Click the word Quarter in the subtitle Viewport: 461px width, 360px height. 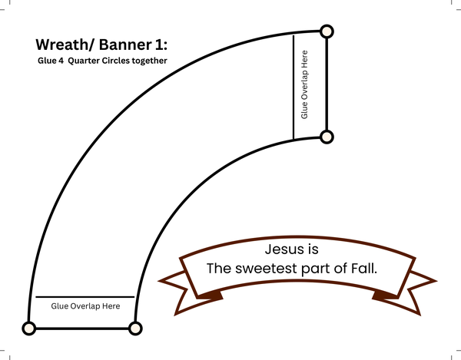(84, 61)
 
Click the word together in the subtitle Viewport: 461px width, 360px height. (152, 61)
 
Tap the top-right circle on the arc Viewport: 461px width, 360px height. (327, 31)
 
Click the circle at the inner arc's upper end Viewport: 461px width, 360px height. (327, 137)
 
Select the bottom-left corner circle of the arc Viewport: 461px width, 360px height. (29, 329)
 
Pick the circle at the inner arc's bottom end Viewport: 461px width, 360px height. (135, 329)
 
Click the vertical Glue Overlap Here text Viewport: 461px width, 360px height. (305, 85)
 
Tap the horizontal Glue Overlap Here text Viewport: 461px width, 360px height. (85, 306)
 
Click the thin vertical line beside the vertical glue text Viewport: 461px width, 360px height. (294, 86)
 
